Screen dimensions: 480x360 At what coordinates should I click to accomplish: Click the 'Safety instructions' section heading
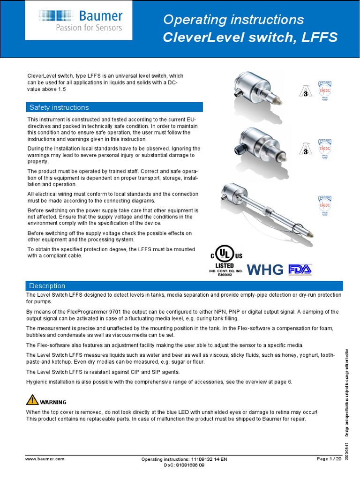point(59,107)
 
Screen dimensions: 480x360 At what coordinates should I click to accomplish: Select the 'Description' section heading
point(47,285)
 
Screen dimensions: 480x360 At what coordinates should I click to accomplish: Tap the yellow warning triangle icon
point(32,400)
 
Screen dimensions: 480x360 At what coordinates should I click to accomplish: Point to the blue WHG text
point(265,270)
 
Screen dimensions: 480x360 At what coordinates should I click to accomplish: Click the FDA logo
point(300,270)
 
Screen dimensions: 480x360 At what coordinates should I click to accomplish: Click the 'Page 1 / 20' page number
point(329,459)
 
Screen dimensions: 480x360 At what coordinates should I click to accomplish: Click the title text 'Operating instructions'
point(233,20)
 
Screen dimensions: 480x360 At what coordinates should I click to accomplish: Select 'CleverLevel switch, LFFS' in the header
point(249,37)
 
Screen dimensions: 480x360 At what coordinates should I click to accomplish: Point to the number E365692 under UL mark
point(226,275)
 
